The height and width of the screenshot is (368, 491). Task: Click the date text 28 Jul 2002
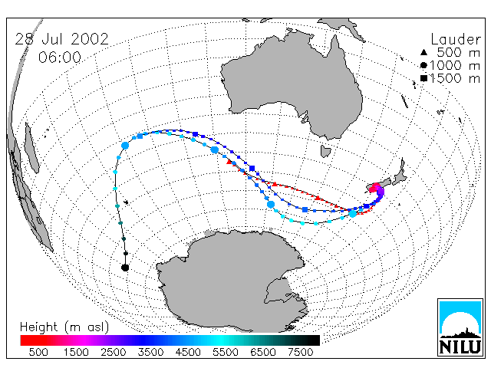pyautogui.click(x=61, y=39)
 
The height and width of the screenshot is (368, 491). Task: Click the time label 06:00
pyautogui.click(x=60, y=58)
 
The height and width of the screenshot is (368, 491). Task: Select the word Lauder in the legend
pyautogui.click(x=456, y=39)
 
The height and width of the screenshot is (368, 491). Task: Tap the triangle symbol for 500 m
pyautogui.click(x=423, y=52)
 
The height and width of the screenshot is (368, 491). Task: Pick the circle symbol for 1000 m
pyautogui.click(x=423, y=65)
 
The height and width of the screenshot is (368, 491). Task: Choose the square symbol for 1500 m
pyautogui.click(x=423, y=78)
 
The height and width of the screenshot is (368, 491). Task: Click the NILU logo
pyautogui.click(x=460, y=327)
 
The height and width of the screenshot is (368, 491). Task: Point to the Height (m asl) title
pyautogui.click(x=64, y=327)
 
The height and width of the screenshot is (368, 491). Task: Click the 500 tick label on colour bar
pyautogui.click(x=38, y=352)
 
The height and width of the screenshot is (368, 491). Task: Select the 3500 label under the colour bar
pyautogui.click(x=150, y=352)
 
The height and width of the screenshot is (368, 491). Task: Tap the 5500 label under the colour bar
pyautogui.click(x=226, y=352)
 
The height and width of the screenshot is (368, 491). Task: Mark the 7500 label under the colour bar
pyautogui.click(x=300, y=352)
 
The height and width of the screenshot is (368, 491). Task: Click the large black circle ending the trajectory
pyautogui.click(x=125, y=268)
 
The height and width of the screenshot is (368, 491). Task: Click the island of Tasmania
pyautogui.click(x=325, y=151)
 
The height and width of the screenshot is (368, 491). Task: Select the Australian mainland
pyautogui.click(x=292, y=84)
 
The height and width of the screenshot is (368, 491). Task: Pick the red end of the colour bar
pyautogui.click(x=25, y=340)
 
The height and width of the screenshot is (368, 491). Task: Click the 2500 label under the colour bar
pyautogui.click(x=114, y=352)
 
